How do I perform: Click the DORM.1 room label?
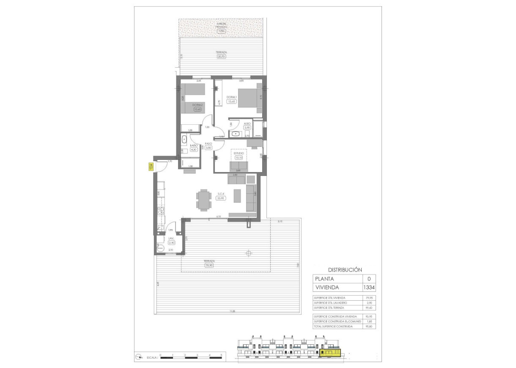pyautogui.click(x=231, y=97)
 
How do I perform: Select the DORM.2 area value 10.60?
pyautogui.click(x=197, y=109)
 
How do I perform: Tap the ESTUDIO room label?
pyautogui.click(x=239, y=154)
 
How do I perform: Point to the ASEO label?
pyautogui.click(x=247, y=124)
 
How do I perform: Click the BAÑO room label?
pyautogui.click(x=194, y=145)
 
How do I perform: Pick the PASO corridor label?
pyautogui.click(x=208, y=143)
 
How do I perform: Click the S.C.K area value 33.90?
pyautogui.click(x=220, y=198)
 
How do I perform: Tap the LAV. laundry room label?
pyautogui.click(x=171, y=239)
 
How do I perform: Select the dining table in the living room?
pyautogui.click(x=203, y=200)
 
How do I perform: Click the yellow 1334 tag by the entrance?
pyautogui.click(x=151, y=167)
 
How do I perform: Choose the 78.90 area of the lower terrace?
pyautogui.click(x=209, y=265)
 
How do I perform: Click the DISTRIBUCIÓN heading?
pyautogui.click(x=345, y=269)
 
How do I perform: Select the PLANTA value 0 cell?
pyautogui.click(x=369, y=279)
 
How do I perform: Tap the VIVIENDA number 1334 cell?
pyautogui.click(x=369, y=288)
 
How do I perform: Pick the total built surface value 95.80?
pyautogui.click(x=369, y=326)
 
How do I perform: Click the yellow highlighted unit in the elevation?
pyautogui.click(x=330, y=352)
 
